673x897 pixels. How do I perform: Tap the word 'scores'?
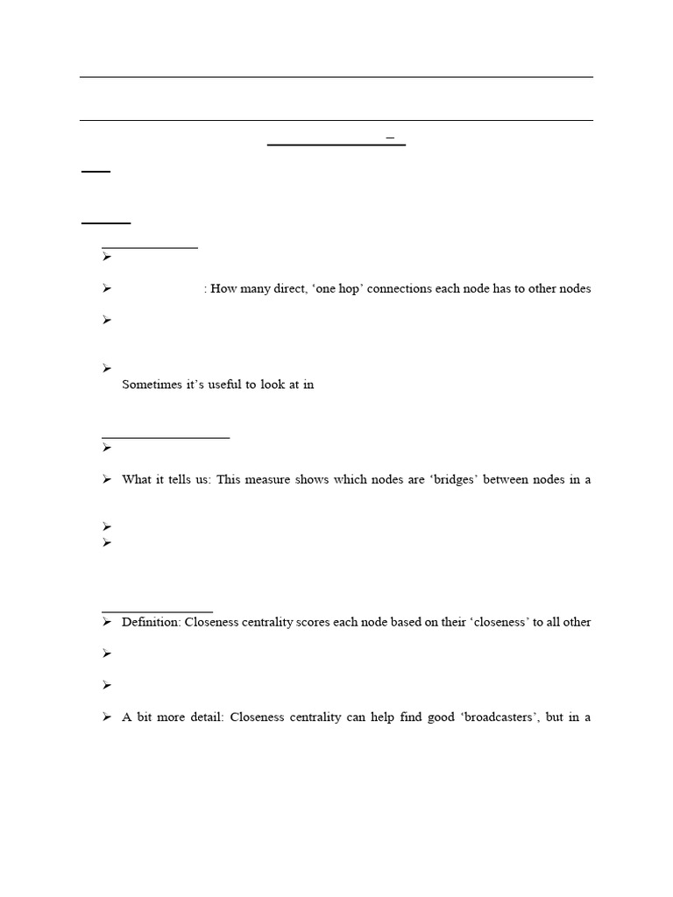[x=343, y=622]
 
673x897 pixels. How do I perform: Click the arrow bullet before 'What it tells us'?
[x=106, y=479]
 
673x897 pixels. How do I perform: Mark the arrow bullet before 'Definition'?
[x=106, y=622]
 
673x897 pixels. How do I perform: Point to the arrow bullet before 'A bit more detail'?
[x=106, y=717]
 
